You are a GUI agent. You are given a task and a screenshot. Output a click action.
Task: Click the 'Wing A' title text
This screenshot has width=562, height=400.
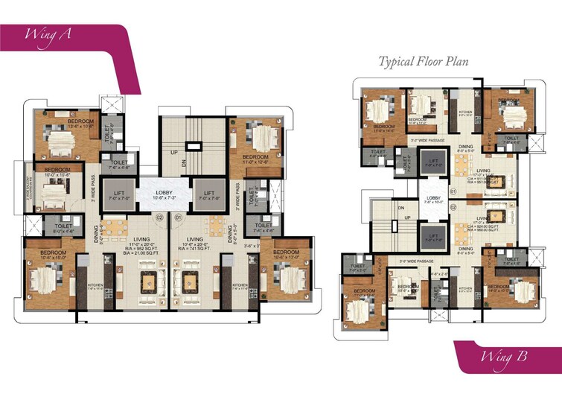(48, 34)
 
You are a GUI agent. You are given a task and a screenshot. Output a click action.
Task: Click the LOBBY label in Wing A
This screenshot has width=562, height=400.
(163, 196)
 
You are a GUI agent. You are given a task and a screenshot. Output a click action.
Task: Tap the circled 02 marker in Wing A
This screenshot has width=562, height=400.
(159, 218)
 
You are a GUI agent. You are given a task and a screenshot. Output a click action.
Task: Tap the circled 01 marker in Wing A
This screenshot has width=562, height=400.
(178, 218)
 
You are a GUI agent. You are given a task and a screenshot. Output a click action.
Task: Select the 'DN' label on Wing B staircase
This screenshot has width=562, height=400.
(400, 208)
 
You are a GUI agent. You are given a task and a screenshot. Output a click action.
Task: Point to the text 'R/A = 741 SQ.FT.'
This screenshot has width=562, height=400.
(196, 250)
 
